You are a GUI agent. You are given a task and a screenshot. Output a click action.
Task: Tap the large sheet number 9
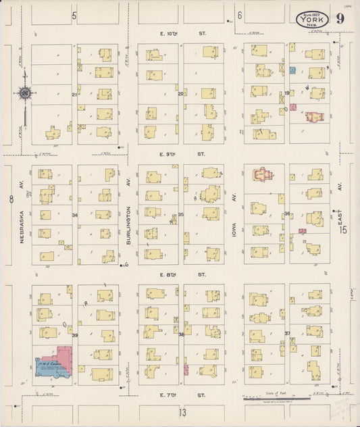pos(338,18)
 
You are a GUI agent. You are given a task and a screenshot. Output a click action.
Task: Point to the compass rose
pos(25,94)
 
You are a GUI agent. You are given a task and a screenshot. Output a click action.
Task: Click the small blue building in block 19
pos(292,70)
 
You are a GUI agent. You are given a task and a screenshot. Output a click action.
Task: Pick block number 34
pos(75,216)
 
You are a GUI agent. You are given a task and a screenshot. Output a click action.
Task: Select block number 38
pos(181,334)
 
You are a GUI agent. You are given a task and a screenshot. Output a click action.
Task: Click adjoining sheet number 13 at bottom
pos(182,411)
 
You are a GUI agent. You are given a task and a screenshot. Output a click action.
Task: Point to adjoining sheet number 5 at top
pos(74,14)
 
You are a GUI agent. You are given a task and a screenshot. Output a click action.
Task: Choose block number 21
pos(74,95)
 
